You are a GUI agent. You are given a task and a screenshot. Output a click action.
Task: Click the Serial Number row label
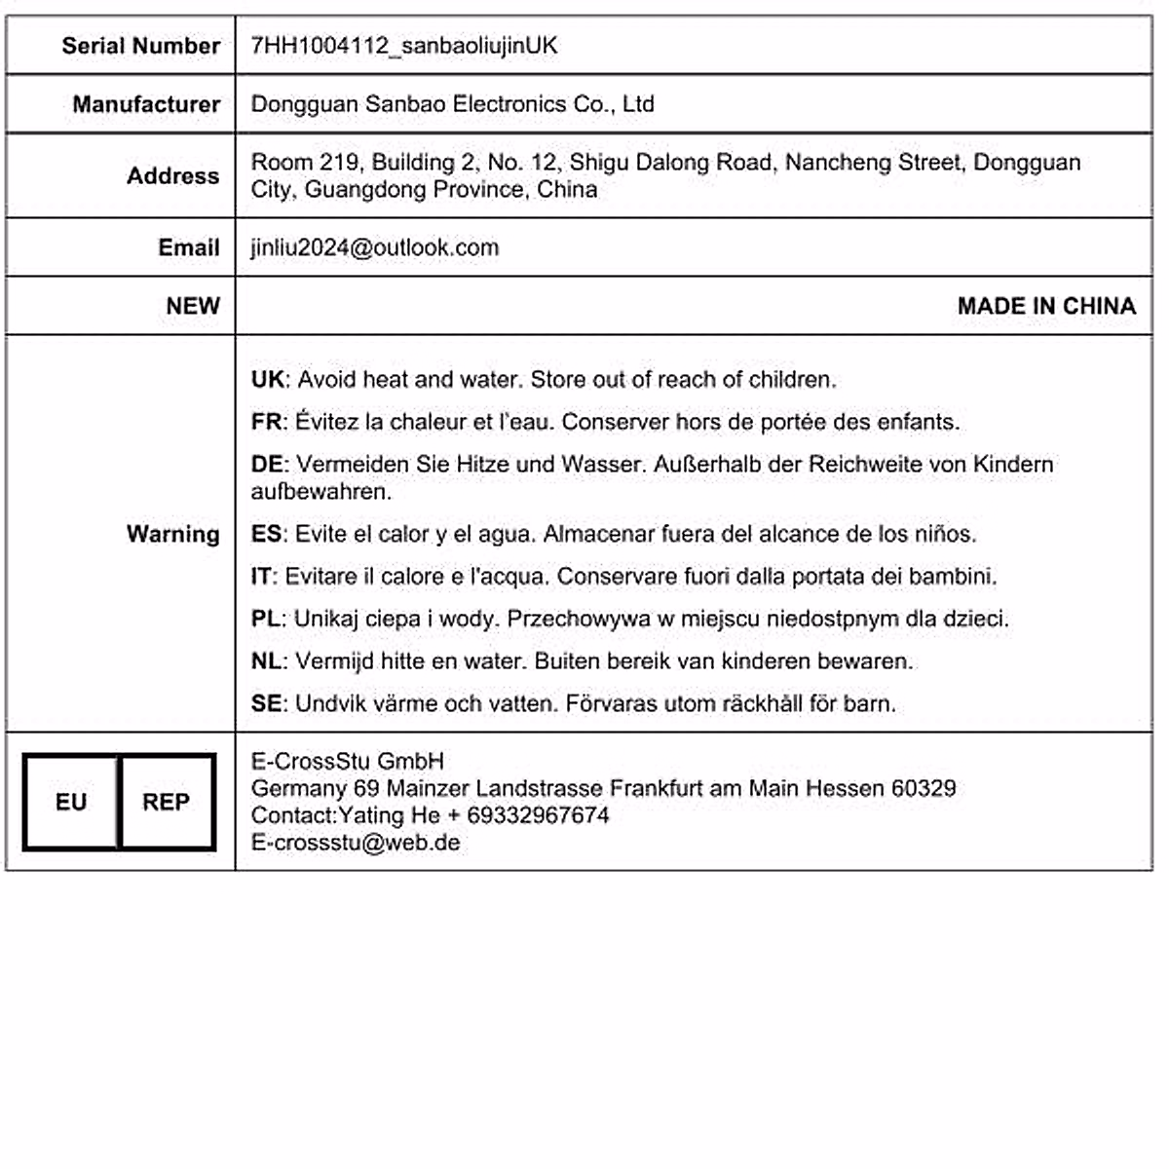coord(140,46)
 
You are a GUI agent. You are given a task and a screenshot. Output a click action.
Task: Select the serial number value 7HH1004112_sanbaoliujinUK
coord(403,46)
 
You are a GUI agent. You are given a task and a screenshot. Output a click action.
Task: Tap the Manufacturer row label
coord(146,104)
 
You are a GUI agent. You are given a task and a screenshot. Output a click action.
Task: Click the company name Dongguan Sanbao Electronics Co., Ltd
coord(452,104)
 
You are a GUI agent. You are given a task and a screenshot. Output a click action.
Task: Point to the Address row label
coord(172,176)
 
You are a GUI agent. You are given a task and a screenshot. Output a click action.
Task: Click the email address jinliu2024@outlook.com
coord(374,247)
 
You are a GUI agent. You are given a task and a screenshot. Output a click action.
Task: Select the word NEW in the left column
coord(192,306)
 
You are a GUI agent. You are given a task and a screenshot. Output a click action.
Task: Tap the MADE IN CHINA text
coord(1046,306)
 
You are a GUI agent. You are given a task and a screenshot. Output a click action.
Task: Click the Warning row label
coord(172,534)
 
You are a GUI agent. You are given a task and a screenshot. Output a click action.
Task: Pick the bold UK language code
coord(267,380)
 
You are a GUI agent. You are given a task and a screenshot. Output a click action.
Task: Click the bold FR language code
coord(266,422)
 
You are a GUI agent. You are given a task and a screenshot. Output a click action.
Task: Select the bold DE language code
coord(267,465)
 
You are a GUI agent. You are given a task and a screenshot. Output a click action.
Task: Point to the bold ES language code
coord(266,534)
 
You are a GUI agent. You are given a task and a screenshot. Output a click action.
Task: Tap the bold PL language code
coord(265,619)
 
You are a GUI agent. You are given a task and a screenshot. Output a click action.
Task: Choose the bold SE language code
coord(266,703)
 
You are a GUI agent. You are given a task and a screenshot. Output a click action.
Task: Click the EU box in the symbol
coord(71,802)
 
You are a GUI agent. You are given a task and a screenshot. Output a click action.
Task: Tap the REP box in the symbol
coord(166,802)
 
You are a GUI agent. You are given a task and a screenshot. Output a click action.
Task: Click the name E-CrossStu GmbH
coord(347,761)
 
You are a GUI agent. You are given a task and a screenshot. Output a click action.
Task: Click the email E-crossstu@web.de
coord(355,843)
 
